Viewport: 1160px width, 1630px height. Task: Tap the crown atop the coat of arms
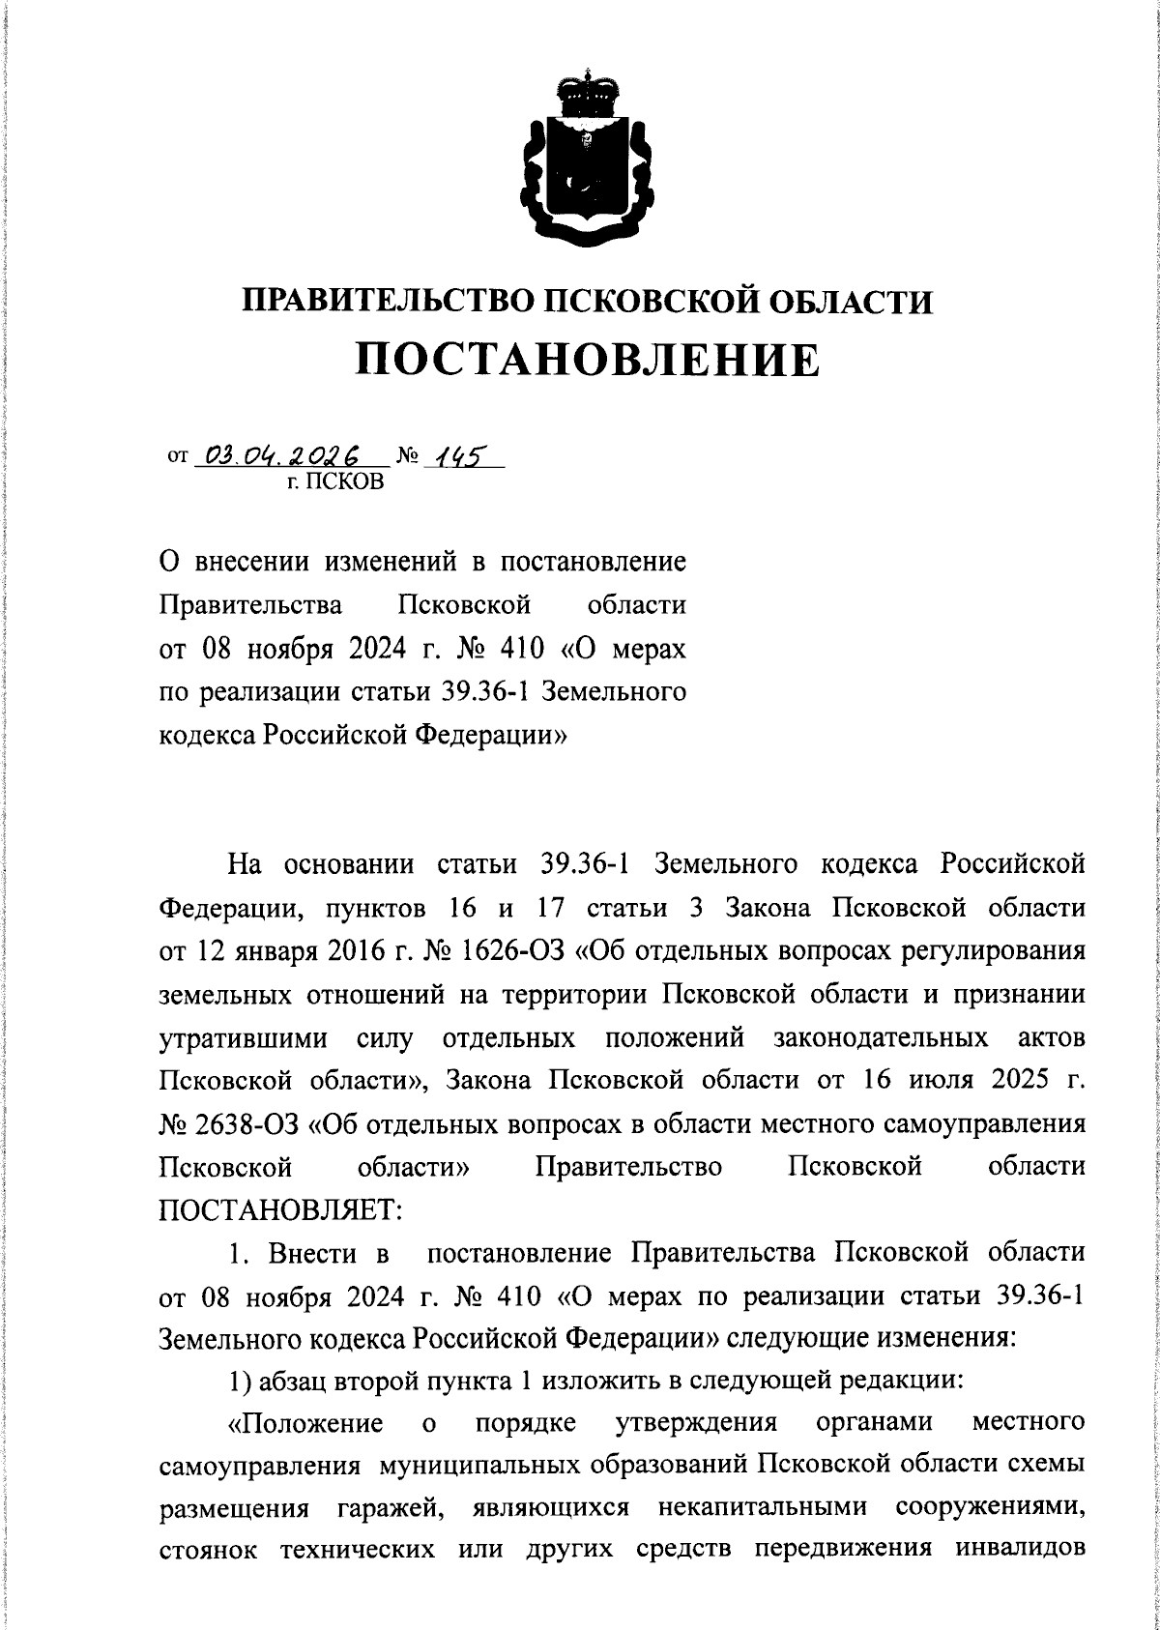580,92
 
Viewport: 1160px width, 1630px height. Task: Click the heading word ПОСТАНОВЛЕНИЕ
588,360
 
